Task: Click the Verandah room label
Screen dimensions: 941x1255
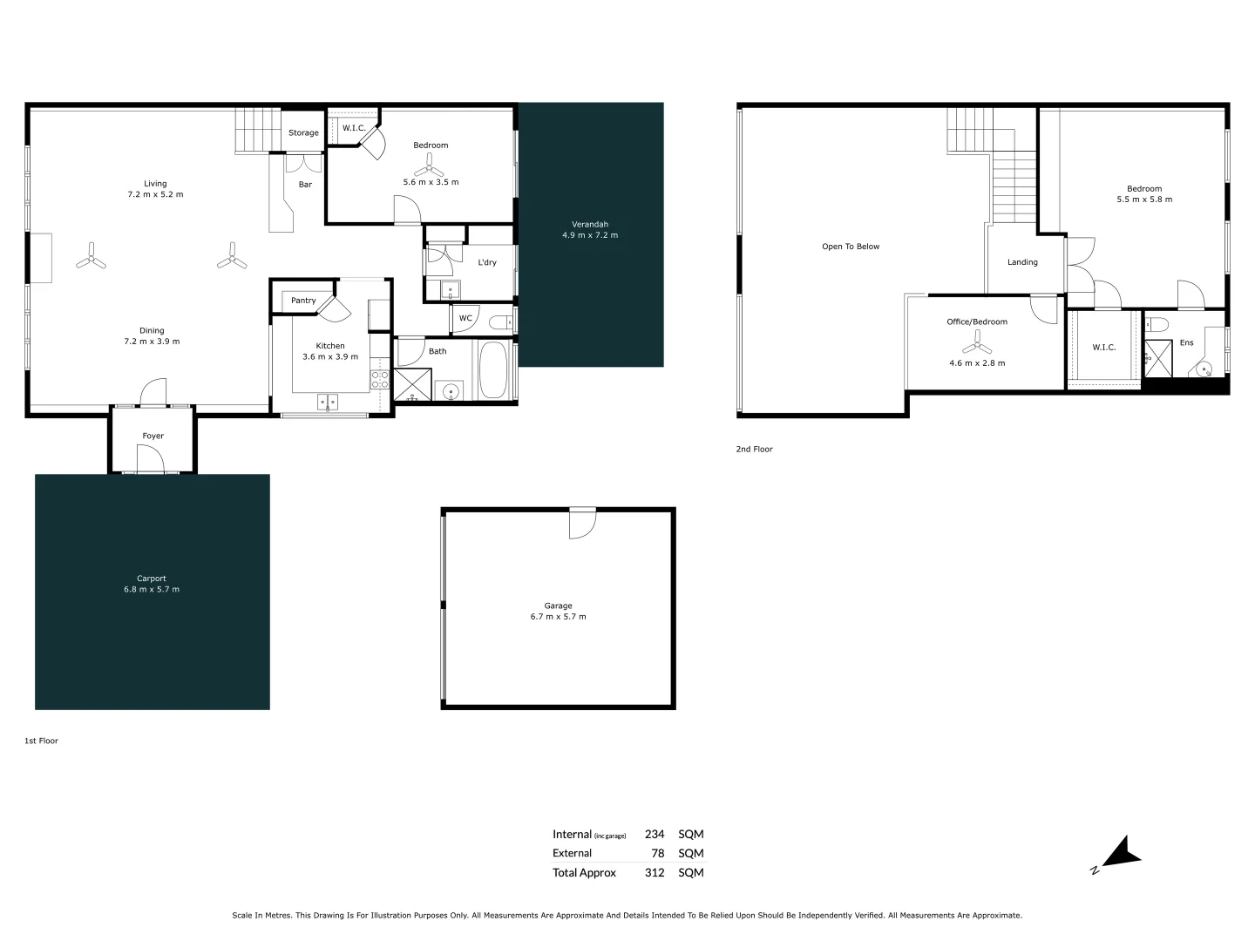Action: (590, 224)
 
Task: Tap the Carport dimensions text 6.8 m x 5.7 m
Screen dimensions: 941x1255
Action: (152, 590)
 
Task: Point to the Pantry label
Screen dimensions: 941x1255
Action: (303, 301)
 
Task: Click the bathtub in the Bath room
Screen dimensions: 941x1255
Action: (492, 370)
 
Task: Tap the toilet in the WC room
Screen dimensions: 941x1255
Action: (501, 322)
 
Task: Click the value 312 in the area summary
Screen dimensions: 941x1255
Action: (654, 873)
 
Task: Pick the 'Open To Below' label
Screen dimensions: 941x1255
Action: (851, 247)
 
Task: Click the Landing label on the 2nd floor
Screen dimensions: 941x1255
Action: (1022, 262)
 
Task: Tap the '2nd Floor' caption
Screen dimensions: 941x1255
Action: (754, 450)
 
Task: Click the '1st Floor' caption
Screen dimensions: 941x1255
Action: (41, 741)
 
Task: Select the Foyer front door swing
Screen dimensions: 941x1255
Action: (150, 458)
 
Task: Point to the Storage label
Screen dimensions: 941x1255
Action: (303, 133)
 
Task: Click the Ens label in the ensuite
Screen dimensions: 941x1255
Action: (1186, 343)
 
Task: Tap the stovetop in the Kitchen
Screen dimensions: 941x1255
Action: (380, 379)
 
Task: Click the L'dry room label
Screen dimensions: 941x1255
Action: (487, 262)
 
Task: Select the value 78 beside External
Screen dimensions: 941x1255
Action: (658, 854)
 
